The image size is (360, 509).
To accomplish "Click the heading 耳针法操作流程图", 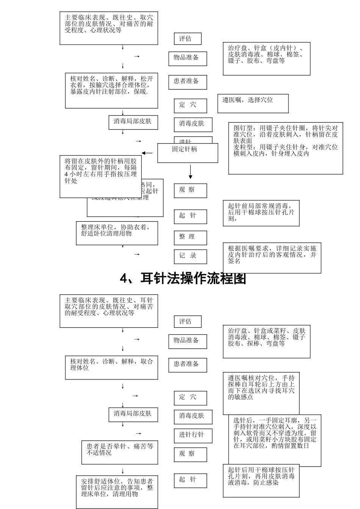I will (183, 278).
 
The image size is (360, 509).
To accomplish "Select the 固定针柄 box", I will (188, 153).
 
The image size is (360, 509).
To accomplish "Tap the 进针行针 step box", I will (193, 436).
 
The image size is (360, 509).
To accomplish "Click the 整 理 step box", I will (190, 237).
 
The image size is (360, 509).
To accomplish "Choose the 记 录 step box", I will (190, 256).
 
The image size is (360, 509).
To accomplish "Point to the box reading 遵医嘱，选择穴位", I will (253, 103).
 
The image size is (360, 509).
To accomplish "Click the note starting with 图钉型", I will (285, 148).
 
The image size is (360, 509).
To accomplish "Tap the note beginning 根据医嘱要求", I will (272, 258).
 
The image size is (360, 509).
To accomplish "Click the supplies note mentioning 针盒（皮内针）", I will (266, 58).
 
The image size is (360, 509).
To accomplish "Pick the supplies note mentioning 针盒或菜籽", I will (266, 341).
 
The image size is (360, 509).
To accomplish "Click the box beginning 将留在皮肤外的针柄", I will (100, 176).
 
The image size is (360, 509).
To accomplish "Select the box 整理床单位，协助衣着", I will (117, 233).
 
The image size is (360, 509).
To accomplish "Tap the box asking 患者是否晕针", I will (120, 452).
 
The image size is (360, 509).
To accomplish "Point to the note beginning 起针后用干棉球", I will (261, 480).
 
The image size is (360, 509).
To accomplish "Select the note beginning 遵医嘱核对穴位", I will (261, 393).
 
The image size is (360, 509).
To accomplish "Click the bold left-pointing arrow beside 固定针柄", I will (147, 153).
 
